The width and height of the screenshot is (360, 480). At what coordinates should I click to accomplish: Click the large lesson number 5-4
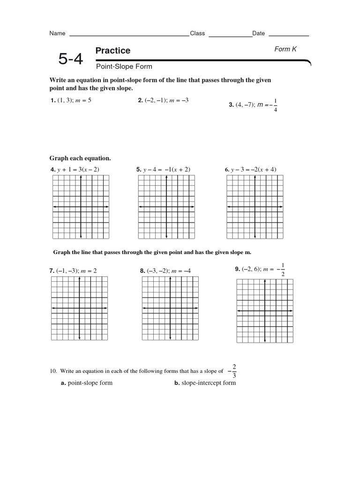70,60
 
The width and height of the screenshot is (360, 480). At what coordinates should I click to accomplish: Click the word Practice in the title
112,51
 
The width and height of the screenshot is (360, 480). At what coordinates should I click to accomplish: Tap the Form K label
285,49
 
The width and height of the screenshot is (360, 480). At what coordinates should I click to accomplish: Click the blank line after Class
230,34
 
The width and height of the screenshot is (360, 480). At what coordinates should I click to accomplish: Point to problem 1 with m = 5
70,100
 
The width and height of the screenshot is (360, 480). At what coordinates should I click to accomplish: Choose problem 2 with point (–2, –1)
163,100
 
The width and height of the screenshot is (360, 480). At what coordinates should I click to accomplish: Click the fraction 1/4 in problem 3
275,105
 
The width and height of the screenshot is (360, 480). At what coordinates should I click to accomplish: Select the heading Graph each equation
80,158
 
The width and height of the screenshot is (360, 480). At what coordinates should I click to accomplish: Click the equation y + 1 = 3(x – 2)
75,169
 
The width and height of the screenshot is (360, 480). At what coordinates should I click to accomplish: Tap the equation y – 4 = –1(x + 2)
163,169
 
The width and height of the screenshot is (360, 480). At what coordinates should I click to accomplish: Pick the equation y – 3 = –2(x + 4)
251,169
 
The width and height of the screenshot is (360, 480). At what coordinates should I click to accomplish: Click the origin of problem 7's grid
80,308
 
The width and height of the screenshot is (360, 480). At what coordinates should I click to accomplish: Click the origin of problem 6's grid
255,207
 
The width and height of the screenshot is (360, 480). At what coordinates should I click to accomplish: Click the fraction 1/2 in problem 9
283,270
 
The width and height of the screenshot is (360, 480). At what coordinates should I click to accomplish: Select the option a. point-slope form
87,383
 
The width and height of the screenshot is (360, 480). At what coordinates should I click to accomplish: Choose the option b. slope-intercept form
205,383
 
